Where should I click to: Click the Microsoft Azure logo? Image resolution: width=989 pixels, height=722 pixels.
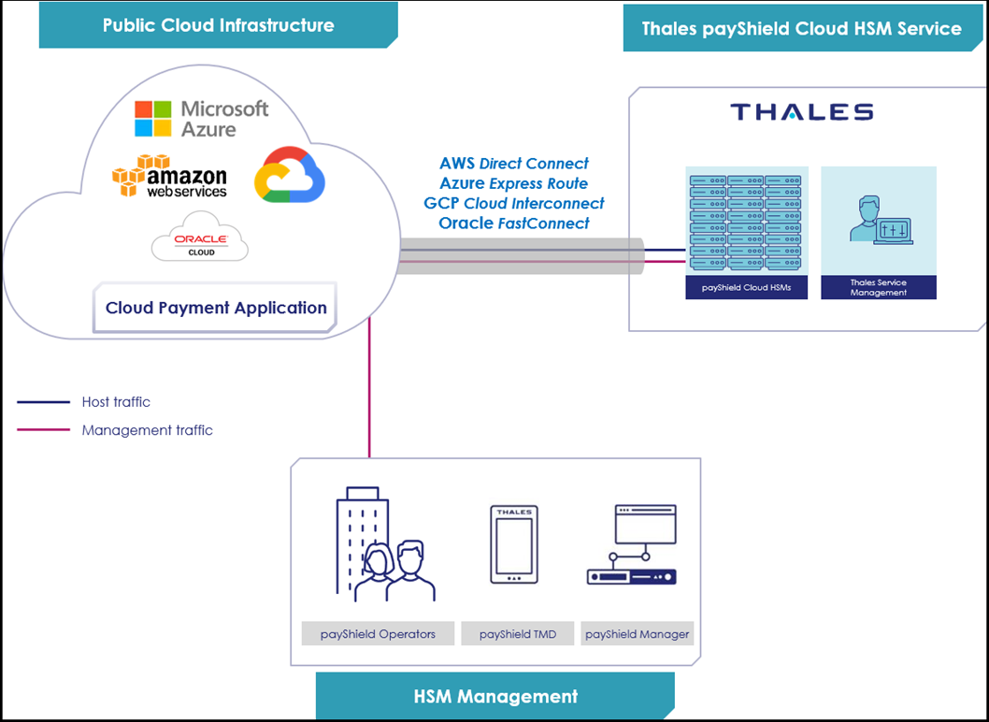(x=201, y=119)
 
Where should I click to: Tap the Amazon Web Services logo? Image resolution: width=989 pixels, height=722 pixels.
(x=169, y=177)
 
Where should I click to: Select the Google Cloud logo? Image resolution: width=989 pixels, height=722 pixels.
(x=290, y=175)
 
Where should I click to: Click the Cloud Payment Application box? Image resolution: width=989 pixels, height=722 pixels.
(x=216, y=309)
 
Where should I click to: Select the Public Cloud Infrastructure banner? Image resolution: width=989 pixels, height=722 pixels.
(x=218, y=25)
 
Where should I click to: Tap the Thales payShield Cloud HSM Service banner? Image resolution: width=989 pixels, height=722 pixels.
(x=801, y=28)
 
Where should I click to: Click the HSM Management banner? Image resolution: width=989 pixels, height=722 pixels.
(x=495, y=697)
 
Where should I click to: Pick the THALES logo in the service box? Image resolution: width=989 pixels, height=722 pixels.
(x=801, y=113)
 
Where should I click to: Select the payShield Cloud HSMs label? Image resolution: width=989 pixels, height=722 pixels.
(x=746, y=288)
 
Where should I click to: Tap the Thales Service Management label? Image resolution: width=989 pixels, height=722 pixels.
(x=878, y=288)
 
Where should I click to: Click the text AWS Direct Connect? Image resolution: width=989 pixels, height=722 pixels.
(x=514, y=164)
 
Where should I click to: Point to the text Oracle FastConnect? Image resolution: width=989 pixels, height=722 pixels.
(x=514, y=224)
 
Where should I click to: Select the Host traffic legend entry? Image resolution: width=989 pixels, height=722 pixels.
(x=115, y=402)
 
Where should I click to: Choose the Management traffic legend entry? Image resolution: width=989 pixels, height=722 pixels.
(x=147, y=430)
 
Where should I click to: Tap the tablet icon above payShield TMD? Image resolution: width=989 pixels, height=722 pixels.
(x=513, y=544)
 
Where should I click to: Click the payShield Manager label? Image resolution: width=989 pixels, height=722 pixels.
(x=637, y=634)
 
